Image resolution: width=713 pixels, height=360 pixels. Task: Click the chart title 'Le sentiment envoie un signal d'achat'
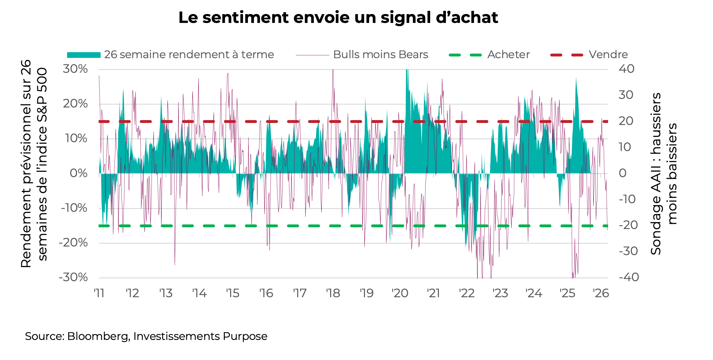(338, 18)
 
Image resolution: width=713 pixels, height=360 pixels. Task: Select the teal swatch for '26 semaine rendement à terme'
(84, 55)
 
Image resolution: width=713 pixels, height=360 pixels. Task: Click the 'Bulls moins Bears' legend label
(380, 54)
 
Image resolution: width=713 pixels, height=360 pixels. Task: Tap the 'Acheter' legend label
(508, 54)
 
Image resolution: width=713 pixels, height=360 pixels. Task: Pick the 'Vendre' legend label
(608, 54)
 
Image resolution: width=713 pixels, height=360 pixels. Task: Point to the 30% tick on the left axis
(75, 69)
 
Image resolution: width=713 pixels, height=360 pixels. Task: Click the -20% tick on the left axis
(73, 243)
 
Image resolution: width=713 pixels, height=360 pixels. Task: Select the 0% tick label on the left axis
(79, 173)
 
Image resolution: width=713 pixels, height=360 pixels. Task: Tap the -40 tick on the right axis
(628, 277)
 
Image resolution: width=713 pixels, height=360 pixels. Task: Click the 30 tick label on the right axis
(626, 95)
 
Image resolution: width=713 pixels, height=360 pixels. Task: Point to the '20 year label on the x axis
(400, 293)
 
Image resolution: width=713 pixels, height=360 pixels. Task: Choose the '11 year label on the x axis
(99, 293)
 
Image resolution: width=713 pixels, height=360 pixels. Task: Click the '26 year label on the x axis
(601, 293)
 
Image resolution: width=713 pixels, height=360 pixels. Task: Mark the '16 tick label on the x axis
(266, 293)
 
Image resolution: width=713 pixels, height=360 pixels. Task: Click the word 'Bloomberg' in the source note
(97, 336)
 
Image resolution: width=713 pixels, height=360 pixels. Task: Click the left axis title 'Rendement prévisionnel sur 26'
(26, 163)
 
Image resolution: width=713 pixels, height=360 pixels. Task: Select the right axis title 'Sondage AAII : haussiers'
(656, 173)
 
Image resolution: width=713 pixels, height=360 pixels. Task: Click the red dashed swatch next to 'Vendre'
(567, 55)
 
